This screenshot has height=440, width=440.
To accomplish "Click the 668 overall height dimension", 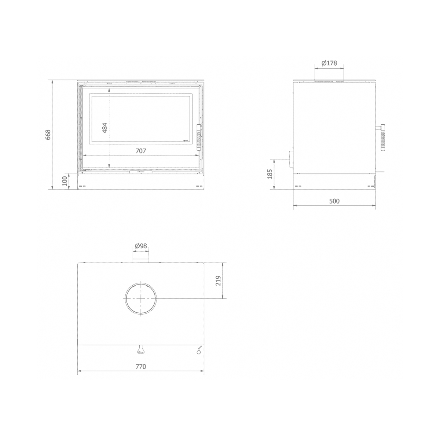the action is pos(48,135).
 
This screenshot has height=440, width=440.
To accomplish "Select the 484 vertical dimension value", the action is pos(105,128).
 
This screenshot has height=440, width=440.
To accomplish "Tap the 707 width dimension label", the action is pos(141,151).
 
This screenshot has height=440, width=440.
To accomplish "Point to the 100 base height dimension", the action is pos(65,181).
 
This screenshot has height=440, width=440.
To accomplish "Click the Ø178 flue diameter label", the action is pos(329,63).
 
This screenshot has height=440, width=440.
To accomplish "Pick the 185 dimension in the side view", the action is pos(270,174).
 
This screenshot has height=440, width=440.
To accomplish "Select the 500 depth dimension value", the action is pos(334,201).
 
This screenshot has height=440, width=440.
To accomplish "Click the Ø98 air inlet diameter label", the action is pos(141,246).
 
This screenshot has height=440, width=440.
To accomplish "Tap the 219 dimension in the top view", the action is pos(219,280).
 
